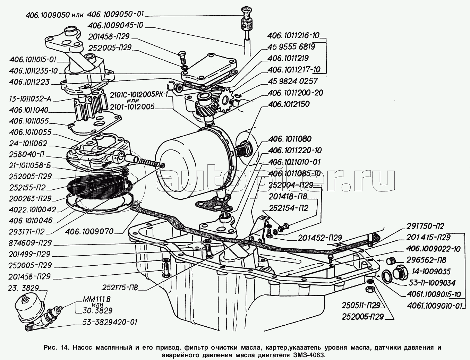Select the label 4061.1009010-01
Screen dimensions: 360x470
[434, 306]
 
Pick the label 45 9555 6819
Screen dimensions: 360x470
[291, 47]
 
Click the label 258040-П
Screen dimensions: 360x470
[29, 154]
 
